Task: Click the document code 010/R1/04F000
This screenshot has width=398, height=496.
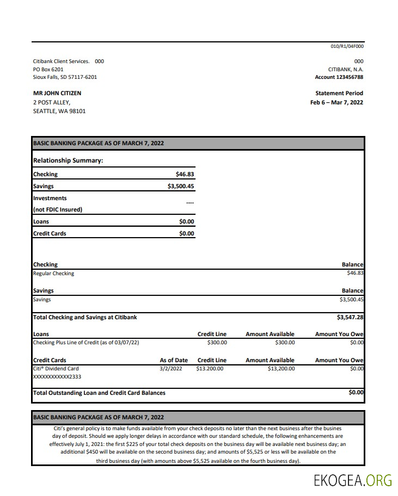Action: [x=347, y=46]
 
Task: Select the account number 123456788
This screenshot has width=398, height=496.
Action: [x=348, y=77]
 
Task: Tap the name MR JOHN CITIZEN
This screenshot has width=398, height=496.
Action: [x=57, y=93]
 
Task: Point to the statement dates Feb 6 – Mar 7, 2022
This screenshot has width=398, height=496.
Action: [x=336, y=102]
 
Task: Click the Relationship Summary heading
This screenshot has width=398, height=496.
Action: [x=68, y=160]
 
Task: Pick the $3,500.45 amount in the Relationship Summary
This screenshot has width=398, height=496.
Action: [x=181, y=186]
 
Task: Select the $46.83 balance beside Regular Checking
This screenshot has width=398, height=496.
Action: [x=355, y=273]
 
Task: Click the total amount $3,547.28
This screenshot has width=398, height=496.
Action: [x=350, y=317]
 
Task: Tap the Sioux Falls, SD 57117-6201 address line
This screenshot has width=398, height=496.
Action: [x=65, y=77]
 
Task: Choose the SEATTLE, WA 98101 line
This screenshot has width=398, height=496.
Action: [x=59, y=111]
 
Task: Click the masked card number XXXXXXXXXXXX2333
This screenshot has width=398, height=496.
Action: [x=57, y=376]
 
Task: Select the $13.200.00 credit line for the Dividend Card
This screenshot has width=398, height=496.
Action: [x=210, y=368]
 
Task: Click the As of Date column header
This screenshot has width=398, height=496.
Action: [x=174, y=360]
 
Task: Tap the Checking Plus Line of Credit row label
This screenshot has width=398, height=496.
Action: [x=86, y=342]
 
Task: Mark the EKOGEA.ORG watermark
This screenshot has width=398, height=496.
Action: [x=352, y=480]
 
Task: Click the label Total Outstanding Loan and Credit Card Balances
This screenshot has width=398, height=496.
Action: [x=99, y=393]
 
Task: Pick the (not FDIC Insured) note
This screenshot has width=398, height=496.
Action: [x=58, y=209]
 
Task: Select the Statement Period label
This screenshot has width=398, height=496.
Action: [x=339, y=93]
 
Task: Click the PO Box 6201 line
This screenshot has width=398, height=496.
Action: [x=48, y=69]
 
